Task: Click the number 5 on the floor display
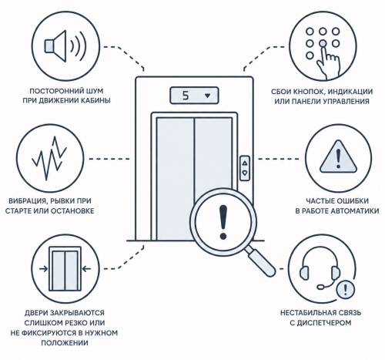click(x=186, y=96)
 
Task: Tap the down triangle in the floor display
click(x=207, y=96)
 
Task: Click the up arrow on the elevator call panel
click(x=245, y=163)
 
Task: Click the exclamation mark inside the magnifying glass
click(x=223, y=222)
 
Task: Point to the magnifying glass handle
click(x=262, y=262)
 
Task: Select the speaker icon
click(x=65, y=46)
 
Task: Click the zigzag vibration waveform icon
click(x=49, y=158)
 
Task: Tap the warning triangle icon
click(x=338, y=157)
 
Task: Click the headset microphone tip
click(x=320, y=287)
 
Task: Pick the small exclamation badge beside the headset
click(x=345, y=290)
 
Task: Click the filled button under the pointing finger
click(x=323, y=43)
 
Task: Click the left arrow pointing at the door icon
click(x=44, y=269)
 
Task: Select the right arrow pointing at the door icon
click(x=86, y=269)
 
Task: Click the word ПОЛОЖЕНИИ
click(x=65, y=343)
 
